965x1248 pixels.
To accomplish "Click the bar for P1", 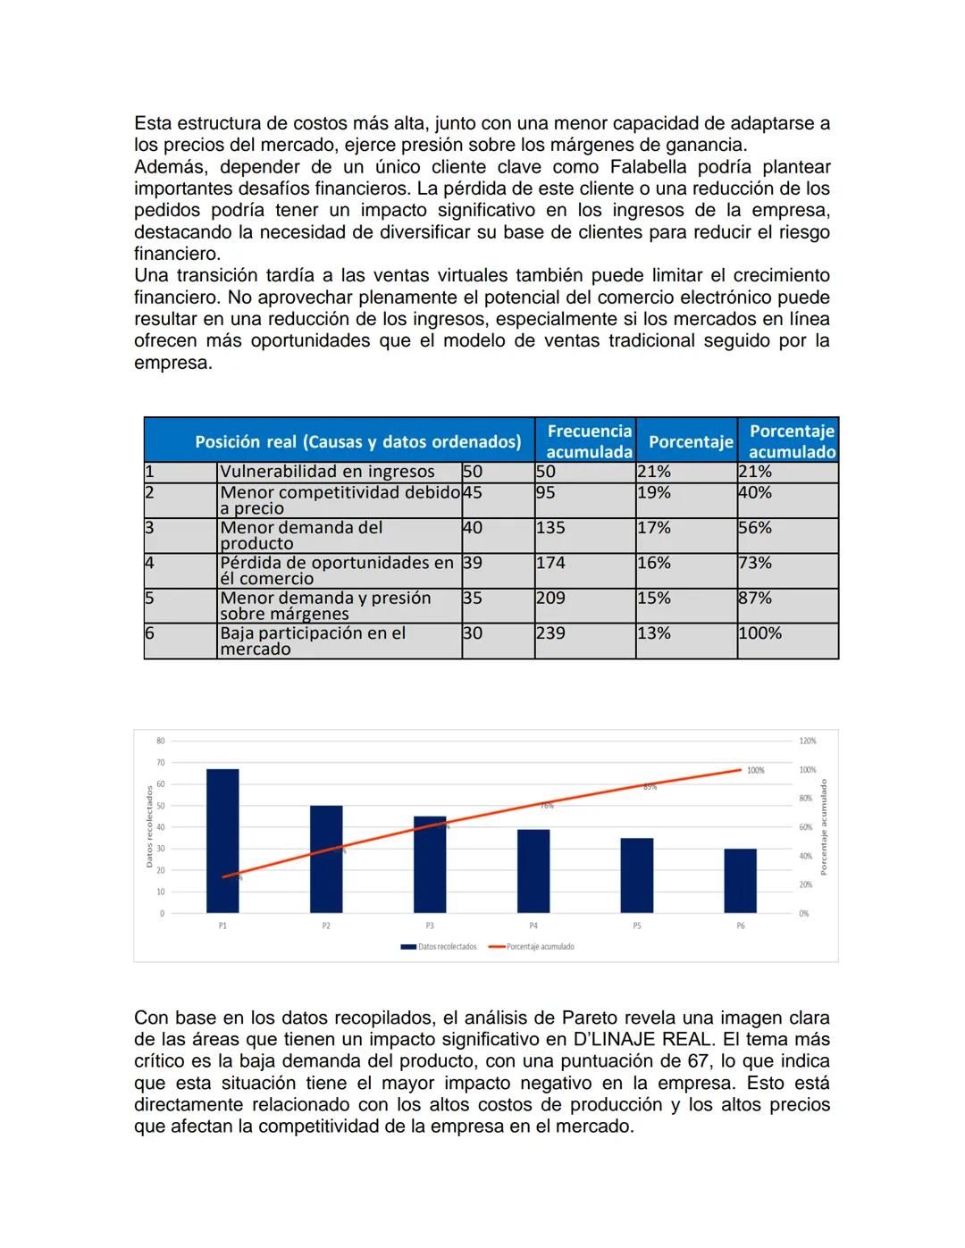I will click(222, 840).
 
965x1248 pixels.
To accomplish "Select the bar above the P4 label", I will click(533, 870).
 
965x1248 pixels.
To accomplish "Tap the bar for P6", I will click(740, 880).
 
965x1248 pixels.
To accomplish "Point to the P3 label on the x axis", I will click(430, 926).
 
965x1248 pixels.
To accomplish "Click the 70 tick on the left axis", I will click(161, 763).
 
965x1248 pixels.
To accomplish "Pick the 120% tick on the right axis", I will click(807, 741).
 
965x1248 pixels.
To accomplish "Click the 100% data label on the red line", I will click(755, 770).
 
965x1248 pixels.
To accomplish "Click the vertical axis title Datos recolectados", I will click(149, 825).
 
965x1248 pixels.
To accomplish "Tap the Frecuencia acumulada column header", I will click(589, 441).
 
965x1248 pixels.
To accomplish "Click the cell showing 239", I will click(550, 633).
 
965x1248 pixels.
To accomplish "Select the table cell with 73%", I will click(755, 563).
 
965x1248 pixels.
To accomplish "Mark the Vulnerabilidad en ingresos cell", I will click(327, 472).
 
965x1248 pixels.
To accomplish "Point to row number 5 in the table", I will click(150, 598).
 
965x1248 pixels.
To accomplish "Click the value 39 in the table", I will click(473, 563).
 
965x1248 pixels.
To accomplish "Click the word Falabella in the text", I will click(649, 167).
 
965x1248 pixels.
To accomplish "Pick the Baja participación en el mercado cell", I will click(313, 641).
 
